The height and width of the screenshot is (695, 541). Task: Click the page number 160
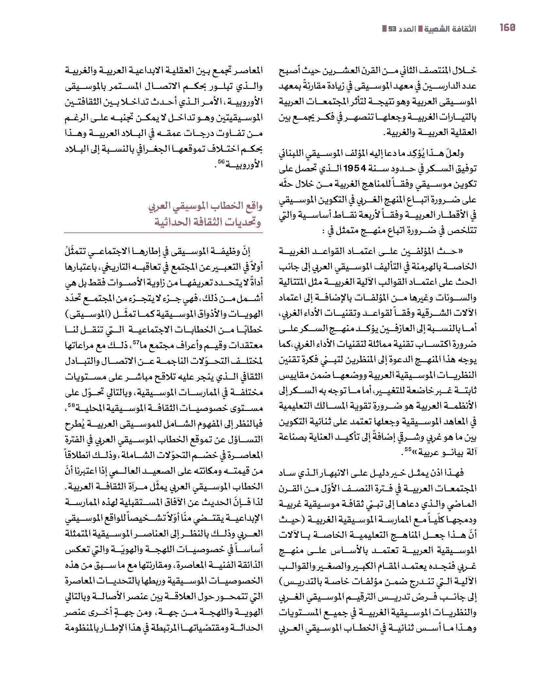[x=507, y=28]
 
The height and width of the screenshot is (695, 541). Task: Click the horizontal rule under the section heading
[x=163, y=233]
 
